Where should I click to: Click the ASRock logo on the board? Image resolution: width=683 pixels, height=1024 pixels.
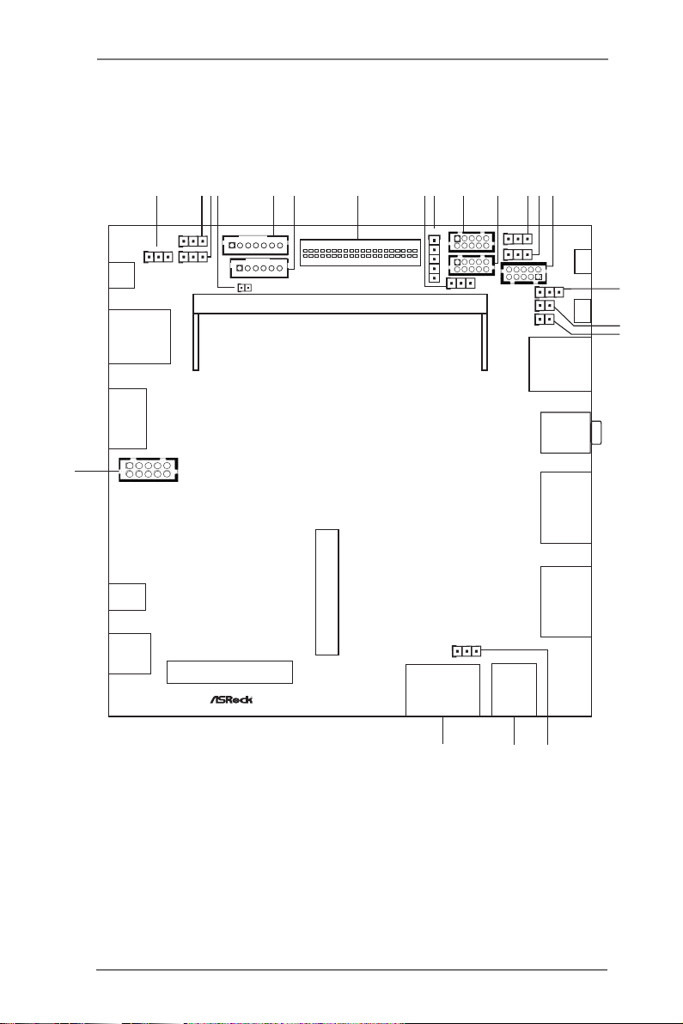click(x=231, y=699)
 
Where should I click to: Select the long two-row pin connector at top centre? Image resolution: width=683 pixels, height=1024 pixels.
click(x=360, y=252)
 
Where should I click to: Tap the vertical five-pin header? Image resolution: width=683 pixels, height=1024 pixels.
click(x=434, y=259)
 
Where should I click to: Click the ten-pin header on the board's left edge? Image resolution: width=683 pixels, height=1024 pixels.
click(x=149, y=470)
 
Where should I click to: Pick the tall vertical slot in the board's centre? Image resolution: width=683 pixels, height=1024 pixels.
click(x=327, y=592)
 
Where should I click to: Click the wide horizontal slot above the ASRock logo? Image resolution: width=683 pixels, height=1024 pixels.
click(x=229, y=672)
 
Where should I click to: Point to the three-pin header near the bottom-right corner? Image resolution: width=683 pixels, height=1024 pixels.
click(x=467, y=651)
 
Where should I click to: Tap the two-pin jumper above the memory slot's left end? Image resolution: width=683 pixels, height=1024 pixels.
click(x=244, y=287)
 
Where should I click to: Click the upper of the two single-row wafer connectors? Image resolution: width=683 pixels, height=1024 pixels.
click(x=255, y=246)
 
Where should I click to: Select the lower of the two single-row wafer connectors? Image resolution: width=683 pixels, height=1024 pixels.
click(x=259, y=268)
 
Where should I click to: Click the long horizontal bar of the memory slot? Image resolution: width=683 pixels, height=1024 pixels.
click(x=340, y=303)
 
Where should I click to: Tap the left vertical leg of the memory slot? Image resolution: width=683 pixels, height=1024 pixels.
click(x=196, y=342)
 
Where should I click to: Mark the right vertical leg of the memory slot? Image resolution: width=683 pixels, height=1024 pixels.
click(x=485, y=342)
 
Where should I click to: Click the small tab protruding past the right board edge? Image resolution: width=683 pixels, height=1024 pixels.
click(x=597, y=433)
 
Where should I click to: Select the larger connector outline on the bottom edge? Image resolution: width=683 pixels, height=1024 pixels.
click(x=442, y=690)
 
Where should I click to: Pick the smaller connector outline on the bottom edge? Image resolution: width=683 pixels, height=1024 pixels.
click(x=514, y=690)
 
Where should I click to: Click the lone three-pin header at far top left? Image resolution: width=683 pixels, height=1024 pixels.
click(x=158, y=258)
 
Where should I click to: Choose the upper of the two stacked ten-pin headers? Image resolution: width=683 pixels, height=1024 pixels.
click(x=472, y=241)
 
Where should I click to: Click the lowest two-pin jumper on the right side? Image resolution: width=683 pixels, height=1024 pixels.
click(x=545, y=320)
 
